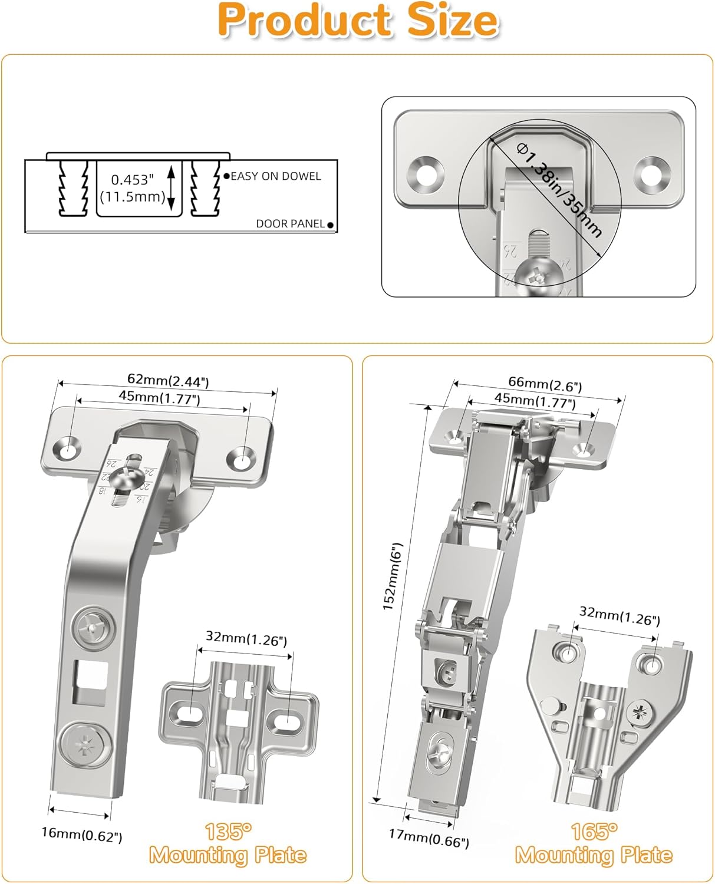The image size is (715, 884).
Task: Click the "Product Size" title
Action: pyautogui.click(x=358, y=21)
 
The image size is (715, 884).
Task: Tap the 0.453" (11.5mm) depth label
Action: pyautogui.click(x=133, y=188)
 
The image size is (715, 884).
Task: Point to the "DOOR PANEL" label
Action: pyautogui.click(x=290, y=224)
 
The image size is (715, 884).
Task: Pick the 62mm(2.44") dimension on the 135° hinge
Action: pyautogui.click(x=168, y=381)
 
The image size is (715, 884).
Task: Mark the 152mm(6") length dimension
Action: pyautogui.click(x=392, y=576)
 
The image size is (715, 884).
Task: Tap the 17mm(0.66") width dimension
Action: pyautogui.click(x=429, y=837)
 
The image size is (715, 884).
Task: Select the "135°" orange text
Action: pyautogui.click(x=228, y=832)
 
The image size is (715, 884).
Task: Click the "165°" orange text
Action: pyautogui.click(x=594, y=832)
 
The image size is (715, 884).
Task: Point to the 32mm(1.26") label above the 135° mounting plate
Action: pyautogui.click(x=246, y=638)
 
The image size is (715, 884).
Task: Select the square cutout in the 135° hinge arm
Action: pyautogui.click(x=90, y=682)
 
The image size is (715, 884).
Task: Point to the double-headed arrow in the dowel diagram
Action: pyautogui.click(x=172, y=188)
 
